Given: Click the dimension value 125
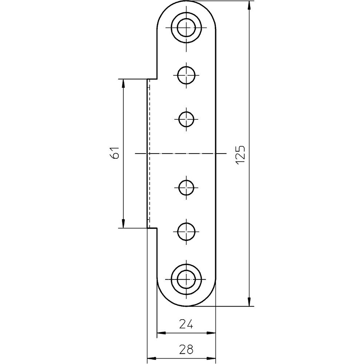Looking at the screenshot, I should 241,154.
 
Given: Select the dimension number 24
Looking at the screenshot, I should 186,324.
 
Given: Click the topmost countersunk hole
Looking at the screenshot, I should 186,27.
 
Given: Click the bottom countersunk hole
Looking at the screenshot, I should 186,279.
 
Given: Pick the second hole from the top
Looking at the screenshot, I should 186,75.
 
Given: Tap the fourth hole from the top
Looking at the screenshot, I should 186,188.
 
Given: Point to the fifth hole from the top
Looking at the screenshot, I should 186,232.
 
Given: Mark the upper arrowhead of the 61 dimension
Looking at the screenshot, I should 123,84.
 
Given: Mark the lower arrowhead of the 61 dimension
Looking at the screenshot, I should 123,223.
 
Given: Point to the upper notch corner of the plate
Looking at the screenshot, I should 157,79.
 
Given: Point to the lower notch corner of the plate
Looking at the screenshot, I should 157,228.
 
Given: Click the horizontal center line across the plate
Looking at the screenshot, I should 182,154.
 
